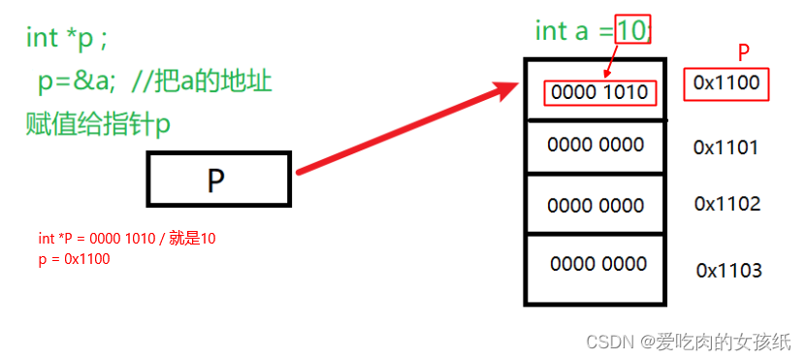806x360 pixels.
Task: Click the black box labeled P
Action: [x=218, y=180]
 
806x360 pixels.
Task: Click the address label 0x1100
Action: [x=726, y=83]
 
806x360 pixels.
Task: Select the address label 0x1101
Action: [x=725, y=147]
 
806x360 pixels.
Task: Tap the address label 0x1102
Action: [x=726, y=204]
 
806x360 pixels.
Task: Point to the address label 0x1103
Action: [x=728, y=270]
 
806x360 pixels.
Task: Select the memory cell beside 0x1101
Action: [x=596, y=146]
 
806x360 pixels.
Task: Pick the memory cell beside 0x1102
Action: [x=596, y=206]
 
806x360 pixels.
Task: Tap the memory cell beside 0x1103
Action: [x=597, y=264]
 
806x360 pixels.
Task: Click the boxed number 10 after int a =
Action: [x=630, y=31]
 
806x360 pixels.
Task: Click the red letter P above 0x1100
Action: [x=744, y=51]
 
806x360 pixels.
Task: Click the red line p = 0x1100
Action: [x=74, y=259]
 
